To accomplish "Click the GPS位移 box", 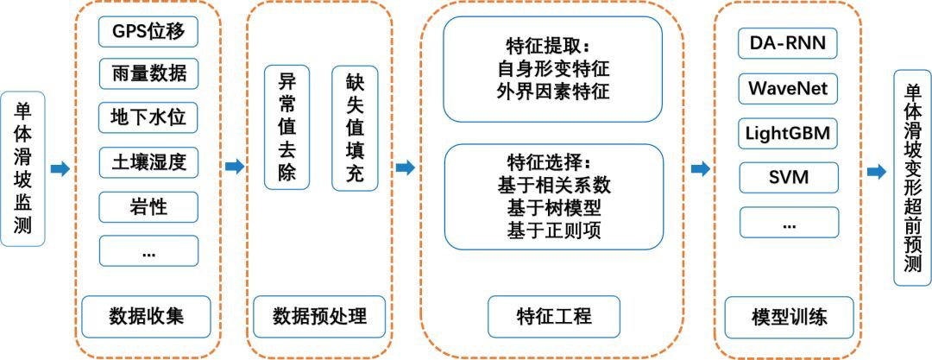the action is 148,32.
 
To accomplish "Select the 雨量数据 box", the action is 148,73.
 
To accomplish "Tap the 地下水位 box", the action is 148,117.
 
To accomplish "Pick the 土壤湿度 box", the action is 148,162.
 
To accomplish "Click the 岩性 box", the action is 148,207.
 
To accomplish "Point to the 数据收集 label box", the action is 146,317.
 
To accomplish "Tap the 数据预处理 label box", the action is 319,317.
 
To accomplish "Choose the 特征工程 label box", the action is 554,317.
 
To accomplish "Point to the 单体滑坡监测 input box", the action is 22,168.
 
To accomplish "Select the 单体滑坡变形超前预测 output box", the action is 912,177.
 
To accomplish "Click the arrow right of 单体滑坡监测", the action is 60,169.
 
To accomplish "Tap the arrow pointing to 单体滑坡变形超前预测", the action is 877,172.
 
